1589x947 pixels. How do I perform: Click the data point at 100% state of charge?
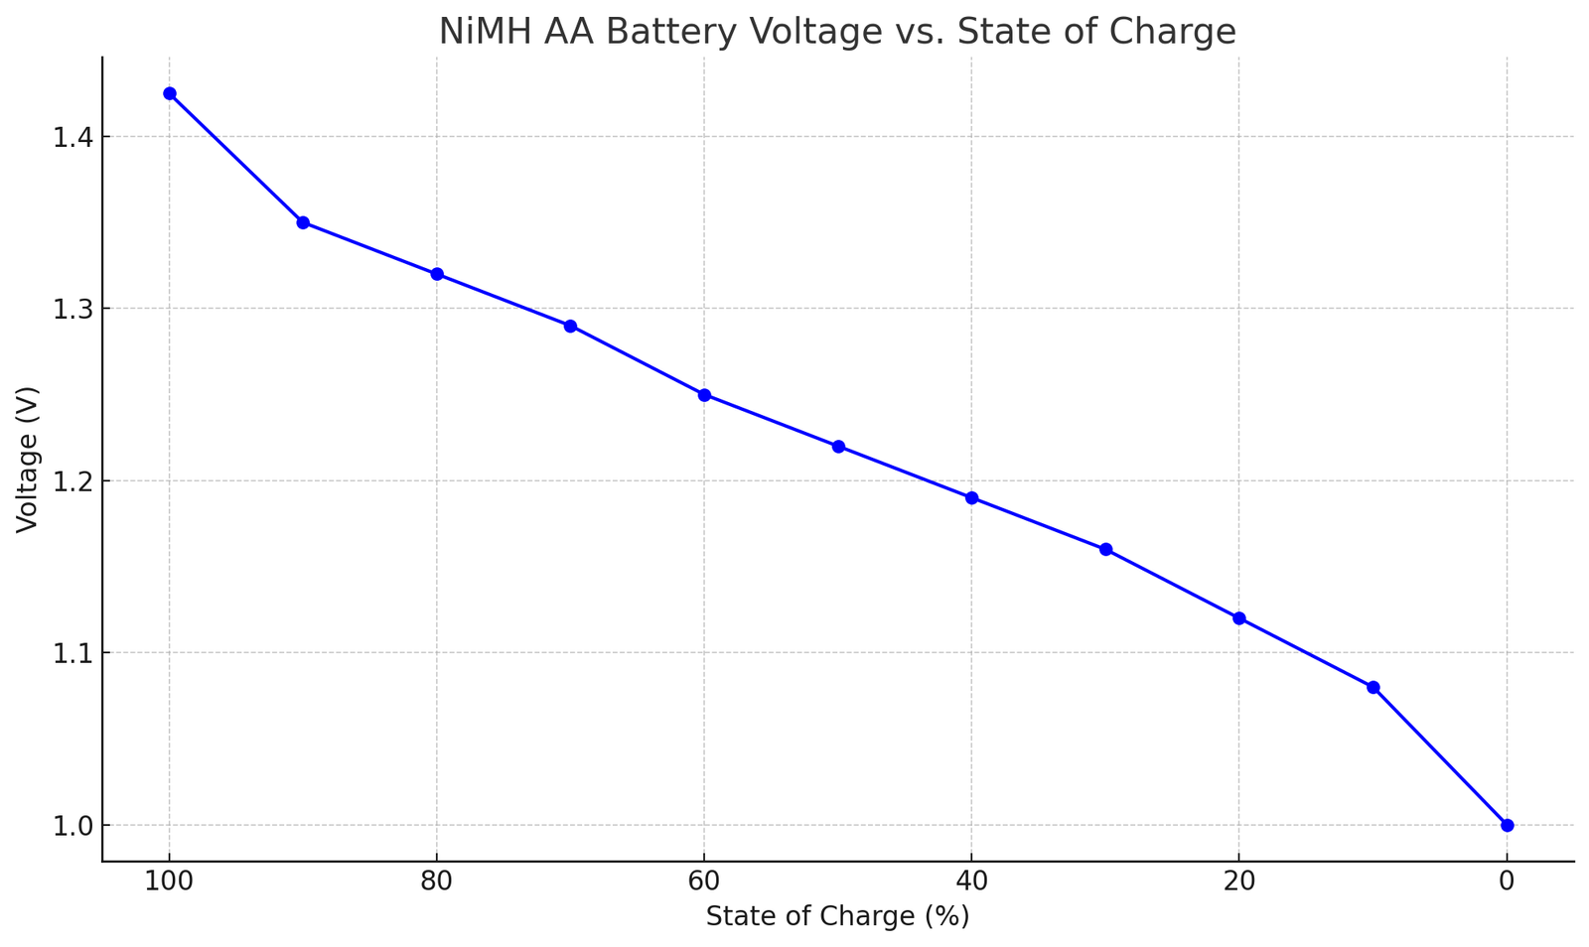coord(169,93)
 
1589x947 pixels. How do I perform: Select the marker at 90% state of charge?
coord(303,222)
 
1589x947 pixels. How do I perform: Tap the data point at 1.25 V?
coord(704,395)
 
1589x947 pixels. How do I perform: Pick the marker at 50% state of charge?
coord(838,447)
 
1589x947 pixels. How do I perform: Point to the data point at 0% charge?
coord(1507,825)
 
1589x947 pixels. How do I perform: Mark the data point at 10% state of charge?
coord(1373,687)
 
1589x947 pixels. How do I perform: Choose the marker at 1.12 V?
coord(1239,618)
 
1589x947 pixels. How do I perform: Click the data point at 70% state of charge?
coord(570,326)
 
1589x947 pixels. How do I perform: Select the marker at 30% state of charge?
coord(1105,549)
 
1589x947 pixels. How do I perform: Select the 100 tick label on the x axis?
coord(169,881)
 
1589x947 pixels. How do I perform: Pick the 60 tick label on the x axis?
coord(704,881)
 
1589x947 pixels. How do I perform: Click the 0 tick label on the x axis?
coord(1507,881)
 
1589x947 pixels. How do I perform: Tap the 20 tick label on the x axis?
coord(1239,881)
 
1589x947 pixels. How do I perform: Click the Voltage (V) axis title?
coord(27,460)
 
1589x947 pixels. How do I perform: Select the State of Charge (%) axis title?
coord(837,916)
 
